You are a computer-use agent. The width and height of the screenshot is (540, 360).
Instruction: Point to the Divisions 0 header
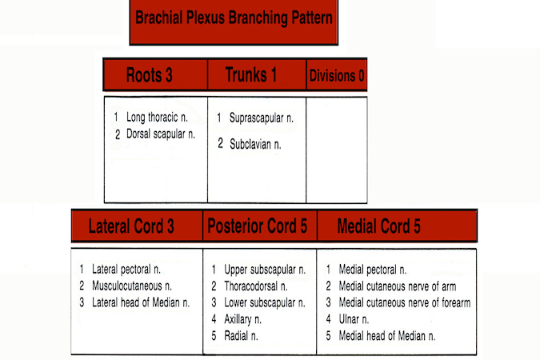click(x=336, y=76)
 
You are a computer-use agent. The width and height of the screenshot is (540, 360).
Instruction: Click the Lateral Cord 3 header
click(x=131, y=226)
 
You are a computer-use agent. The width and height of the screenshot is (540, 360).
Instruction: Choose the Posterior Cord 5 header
click(x=258, y=226)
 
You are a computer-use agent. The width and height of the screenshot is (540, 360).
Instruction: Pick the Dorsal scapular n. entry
click(x=160, y=134)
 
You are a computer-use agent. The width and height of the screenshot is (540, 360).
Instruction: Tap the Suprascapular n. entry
click(x=261, y=118)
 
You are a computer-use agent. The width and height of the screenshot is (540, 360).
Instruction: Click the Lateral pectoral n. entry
click(x=130, y=270)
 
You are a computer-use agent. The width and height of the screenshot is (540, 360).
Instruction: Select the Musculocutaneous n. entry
click(x=132, y=286)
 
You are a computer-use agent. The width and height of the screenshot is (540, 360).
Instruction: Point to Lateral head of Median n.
click(x=140, y=302)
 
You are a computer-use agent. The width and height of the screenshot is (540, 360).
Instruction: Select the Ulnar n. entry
click(x=355, y=319)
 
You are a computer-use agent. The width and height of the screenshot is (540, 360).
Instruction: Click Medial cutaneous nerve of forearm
click(x=404, y=302)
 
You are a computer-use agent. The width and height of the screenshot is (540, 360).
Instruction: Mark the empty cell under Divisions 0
click(x=336, y=150)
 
